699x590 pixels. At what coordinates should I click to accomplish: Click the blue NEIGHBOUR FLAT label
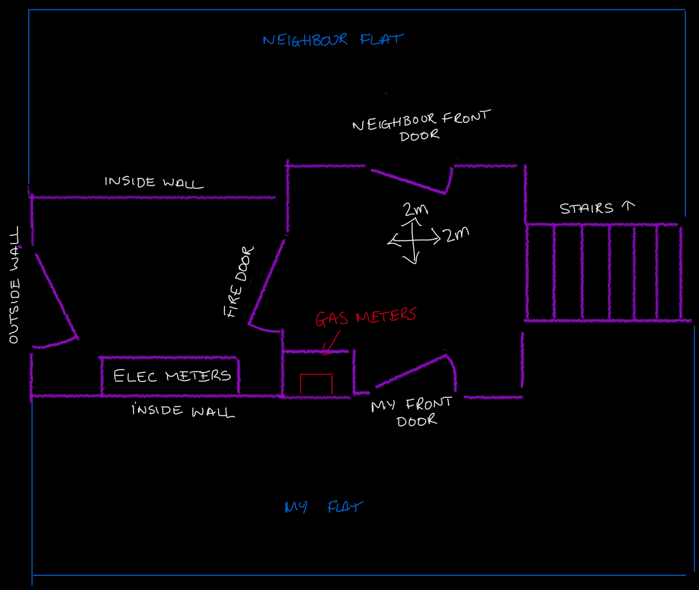pyautogui.click(x=333, y=40)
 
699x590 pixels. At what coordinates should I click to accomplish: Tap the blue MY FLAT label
pyautogui.click(x=324, y=507)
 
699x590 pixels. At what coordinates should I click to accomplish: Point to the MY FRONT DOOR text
pyautogui.click(x=412, y=412)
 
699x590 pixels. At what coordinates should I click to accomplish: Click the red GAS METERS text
pyautogui.click(x=366, y=316)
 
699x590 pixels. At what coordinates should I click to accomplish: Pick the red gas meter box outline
pyautogui.click(x=316, y=374)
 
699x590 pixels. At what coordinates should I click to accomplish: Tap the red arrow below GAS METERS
pyautogui.click(x=331, y=343)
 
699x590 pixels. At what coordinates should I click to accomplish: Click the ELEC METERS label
pyautogui.click(x=172, y=375)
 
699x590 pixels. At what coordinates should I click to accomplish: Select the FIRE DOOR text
pyautogui.click(x=239, y=282)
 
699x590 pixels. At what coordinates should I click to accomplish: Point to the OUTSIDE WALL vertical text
pyautogui.click(x=14, y=285)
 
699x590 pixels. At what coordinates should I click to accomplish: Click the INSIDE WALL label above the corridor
pyautogui.click(x=154, y=182)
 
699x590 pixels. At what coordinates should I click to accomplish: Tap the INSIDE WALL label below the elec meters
pyautogui.click(x=183, y=411)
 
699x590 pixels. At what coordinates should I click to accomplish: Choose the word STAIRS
pyautogui.click(x=586, y=208)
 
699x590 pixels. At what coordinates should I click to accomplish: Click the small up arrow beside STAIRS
pyautogui.click(x=628, y=205)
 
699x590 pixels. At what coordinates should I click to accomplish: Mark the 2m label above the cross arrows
pyautogui.click(x=416, y=209)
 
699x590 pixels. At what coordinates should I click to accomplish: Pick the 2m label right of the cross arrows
pyautogui.click(x=457, y=234)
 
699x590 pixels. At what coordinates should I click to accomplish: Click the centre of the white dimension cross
pyautogui.click(x=414, y=240)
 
